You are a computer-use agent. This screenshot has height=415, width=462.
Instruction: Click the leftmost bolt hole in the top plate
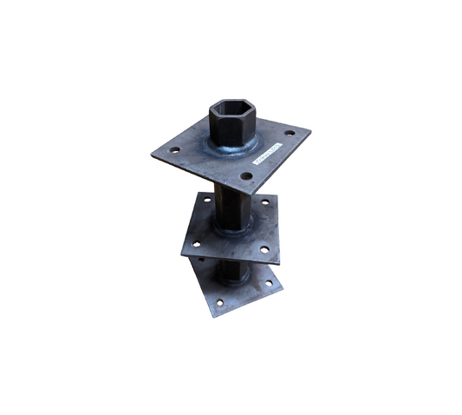click(175, 150)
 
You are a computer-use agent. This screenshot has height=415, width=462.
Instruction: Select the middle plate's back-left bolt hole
click(207, 201)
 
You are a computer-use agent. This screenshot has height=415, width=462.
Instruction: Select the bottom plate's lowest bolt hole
click(220, 302)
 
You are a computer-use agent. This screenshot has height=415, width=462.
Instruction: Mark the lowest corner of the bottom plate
click(212, 316)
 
